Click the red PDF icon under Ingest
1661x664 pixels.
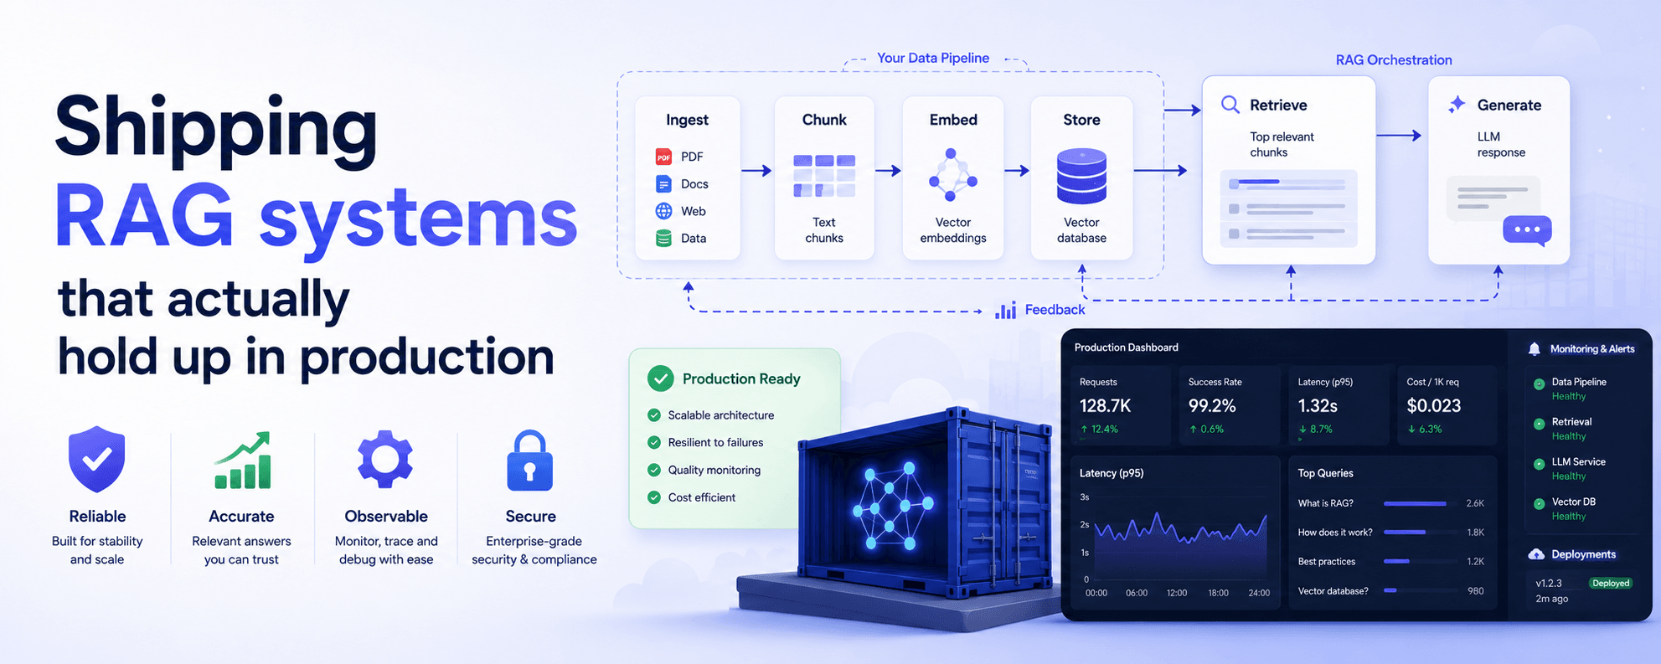coord(663,157)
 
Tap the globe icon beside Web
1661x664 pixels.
coord(663,211)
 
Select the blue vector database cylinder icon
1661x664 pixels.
coord(1081,176)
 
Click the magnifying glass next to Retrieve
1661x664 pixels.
coord(1230,105)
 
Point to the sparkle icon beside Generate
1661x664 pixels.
coord(1457,104)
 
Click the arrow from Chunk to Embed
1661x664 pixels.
coord(888,171)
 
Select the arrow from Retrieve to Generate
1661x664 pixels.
coord(1399,136)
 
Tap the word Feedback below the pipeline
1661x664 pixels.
coord(1055,310)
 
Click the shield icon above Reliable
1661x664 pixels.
coord(97,459)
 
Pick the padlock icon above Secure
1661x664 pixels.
coord(530,460)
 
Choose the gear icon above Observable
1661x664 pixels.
coord(385,459)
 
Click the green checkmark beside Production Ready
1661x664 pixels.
coord(661,378)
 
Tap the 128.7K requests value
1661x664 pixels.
coord(1105,406)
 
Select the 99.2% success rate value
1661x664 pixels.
coord(1212,406)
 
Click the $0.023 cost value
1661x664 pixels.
coord(1434,406)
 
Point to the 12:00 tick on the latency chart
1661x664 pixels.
coord(1177,593)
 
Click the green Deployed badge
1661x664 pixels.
coord(1611,584)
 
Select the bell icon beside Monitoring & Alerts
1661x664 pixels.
coord(1535,349)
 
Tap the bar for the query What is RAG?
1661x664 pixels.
coord(1415,503)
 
